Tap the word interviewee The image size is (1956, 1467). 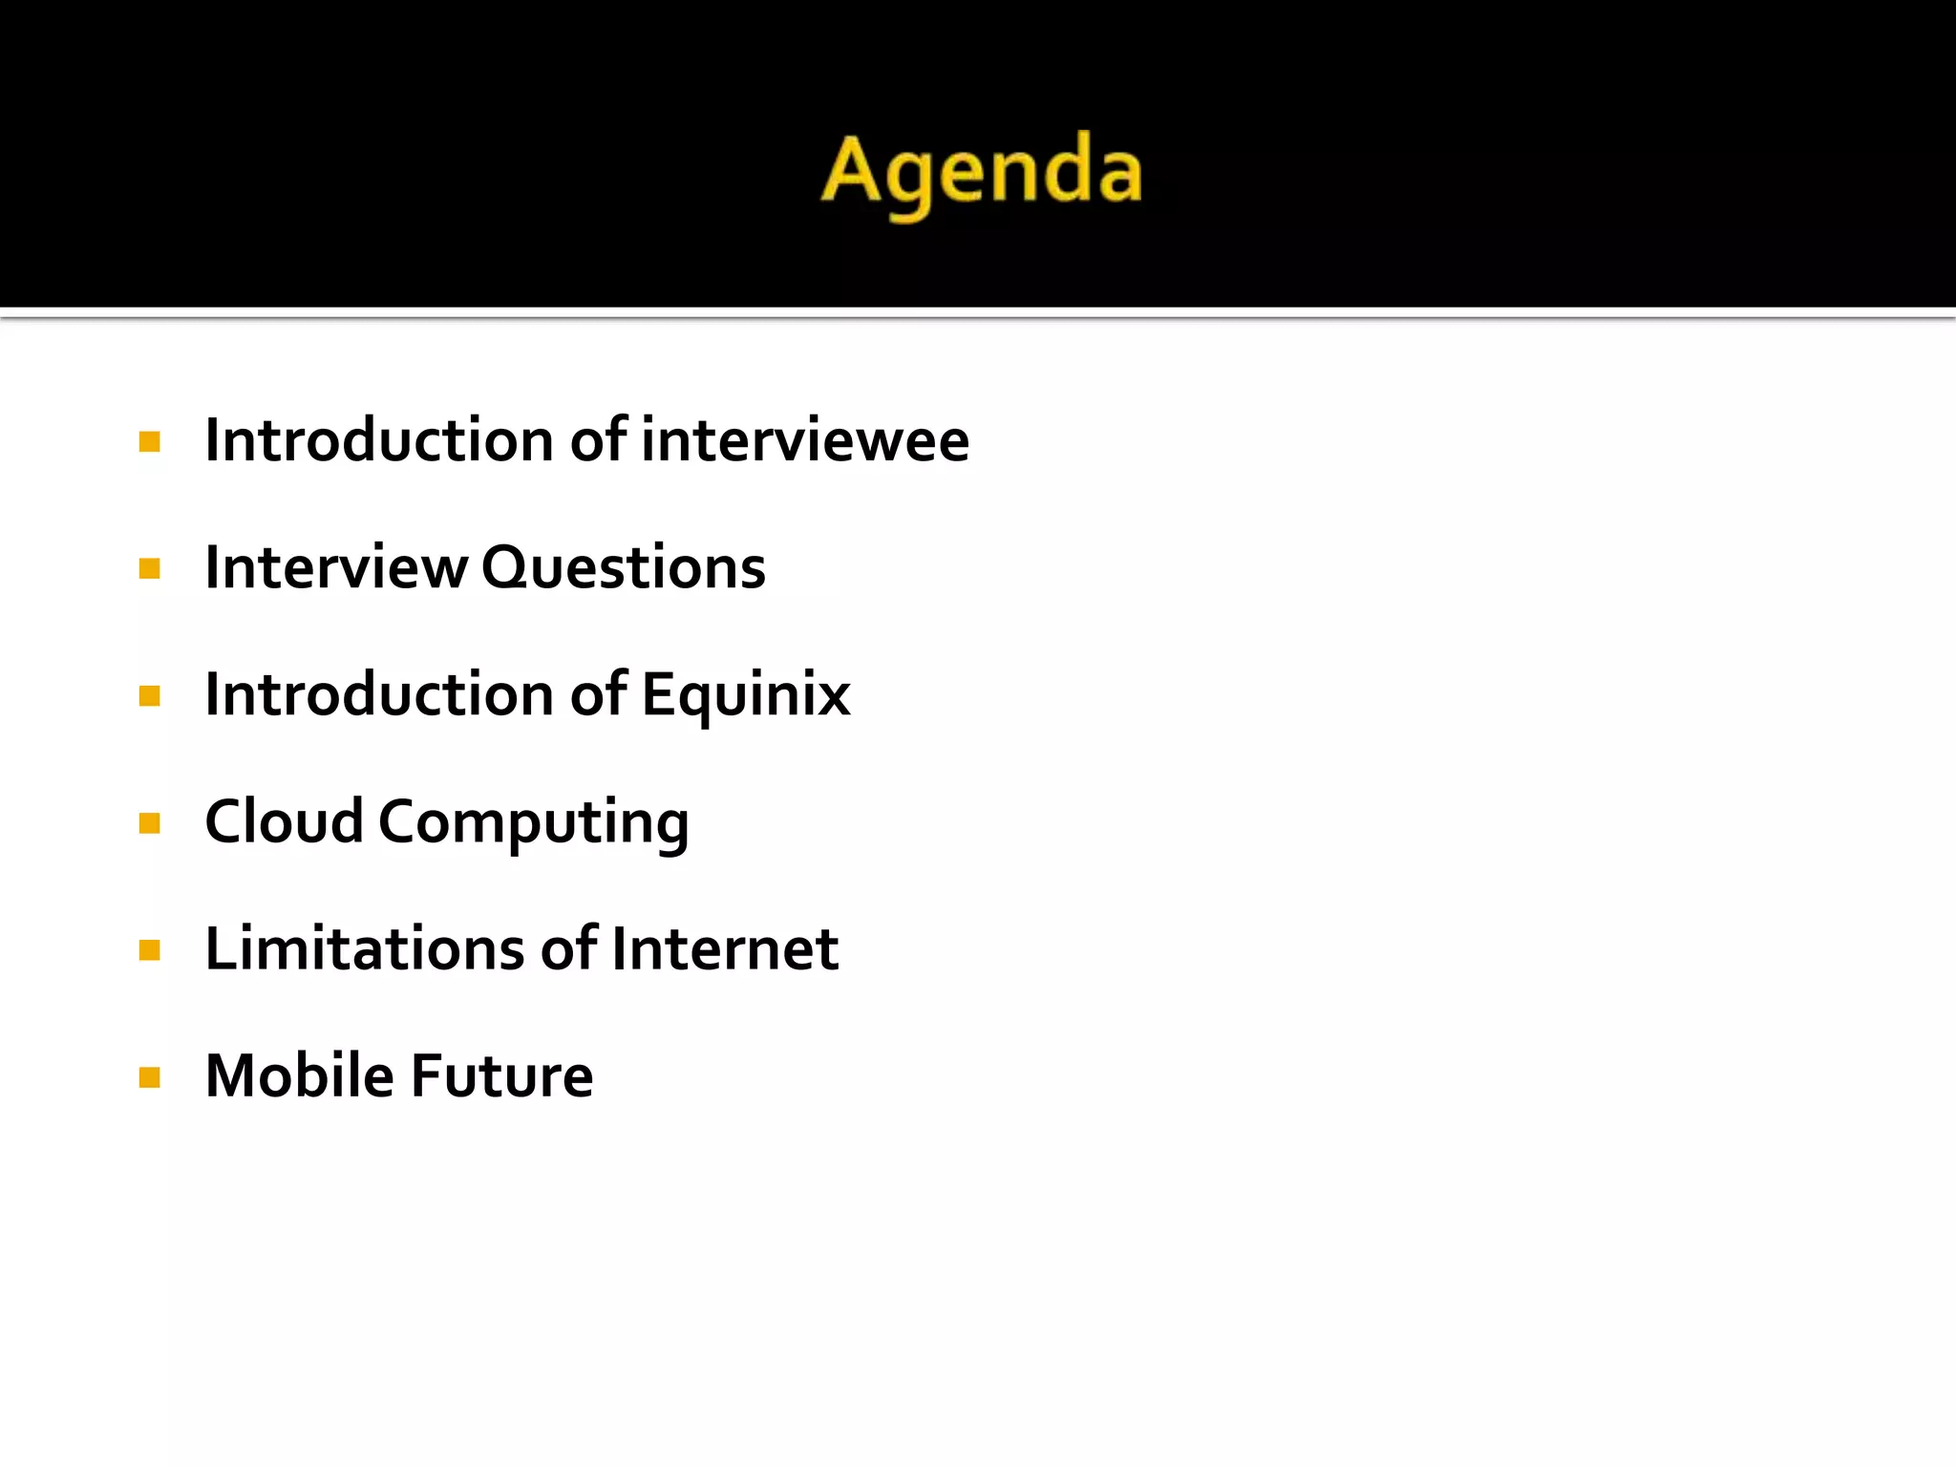tap(805, 440)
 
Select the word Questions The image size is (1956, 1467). tap(623, 567)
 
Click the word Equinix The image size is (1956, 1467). tap(745, 694)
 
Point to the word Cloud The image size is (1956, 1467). tap(284, 821)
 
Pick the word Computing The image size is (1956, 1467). tap(533, 823)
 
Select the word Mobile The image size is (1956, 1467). tap(299, 1075)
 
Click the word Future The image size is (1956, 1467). tap(501, 1075)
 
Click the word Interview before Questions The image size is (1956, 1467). tap(336, 567)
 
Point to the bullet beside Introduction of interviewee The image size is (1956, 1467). tap(149, 441)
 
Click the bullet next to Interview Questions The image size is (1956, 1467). tap(149, 569)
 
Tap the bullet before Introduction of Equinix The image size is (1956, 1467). tap(149, 696)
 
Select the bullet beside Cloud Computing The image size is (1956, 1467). tap(149, 823)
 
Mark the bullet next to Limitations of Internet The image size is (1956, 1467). tap(149, 950)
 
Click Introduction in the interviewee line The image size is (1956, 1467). tap(379, 440)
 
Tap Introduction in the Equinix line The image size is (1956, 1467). tap(379, 694)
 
